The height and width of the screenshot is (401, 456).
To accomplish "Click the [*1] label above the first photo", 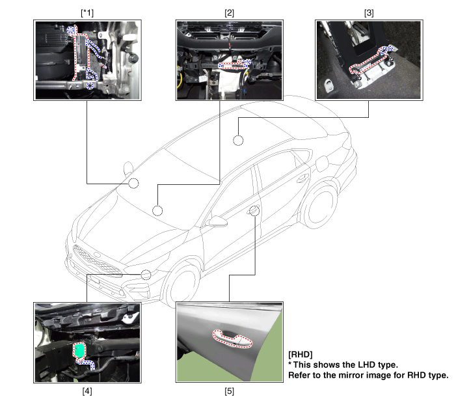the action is pyautogui.click(x=87, y=13).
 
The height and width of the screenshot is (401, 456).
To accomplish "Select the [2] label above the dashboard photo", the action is pyautogui.click(x=229, y=13).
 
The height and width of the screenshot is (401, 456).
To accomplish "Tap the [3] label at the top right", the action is pyautogui.click(x=369, y=13).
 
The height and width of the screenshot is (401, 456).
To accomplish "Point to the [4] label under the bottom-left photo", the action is pyautogui.click(x=87, y=391).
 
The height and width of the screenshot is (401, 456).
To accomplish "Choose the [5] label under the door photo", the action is pyautogui.click(x=229, y=391).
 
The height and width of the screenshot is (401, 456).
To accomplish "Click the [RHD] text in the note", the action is pyautogui.click(x=301, y=354).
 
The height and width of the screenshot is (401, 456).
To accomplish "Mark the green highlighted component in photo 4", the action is pyautogui.click(x=79, y=350).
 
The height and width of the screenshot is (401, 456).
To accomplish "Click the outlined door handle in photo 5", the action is pyautogui.click(x=232, y=339).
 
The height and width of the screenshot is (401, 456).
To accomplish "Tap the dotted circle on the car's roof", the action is pyautogui.click(x=238, y=141).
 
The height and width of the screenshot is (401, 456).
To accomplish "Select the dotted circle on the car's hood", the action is pyautogui.click(x=157, y=211).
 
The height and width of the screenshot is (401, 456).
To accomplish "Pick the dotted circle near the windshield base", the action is pyautogui.click(x=134, y=184).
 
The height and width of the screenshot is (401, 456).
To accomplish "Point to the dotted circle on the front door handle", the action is pyautogui.click(x=255, y=211).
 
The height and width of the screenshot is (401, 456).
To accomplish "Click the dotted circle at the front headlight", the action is pyautogui.click(x=146, y=275).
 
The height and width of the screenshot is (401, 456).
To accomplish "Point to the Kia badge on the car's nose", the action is pyautogui.click(x=97, y=255).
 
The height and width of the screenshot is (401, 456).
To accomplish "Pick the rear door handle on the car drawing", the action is pyautogui.click(x=302, y=178).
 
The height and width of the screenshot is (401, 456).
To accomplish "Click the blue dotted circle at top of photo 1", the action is pyautogui.click(x=70, y=30).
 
